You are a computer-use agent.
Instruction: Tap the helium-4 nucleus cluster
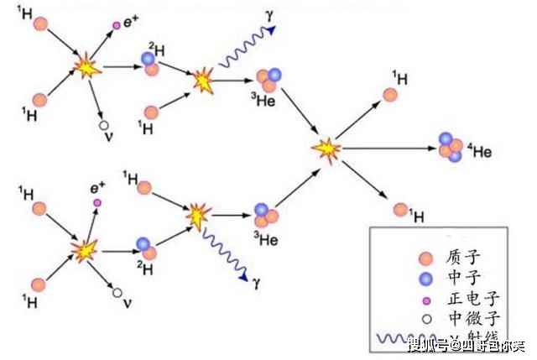pos(450,147)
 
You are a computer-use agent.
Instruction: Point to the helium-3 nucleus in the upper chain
pos(267,80)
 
